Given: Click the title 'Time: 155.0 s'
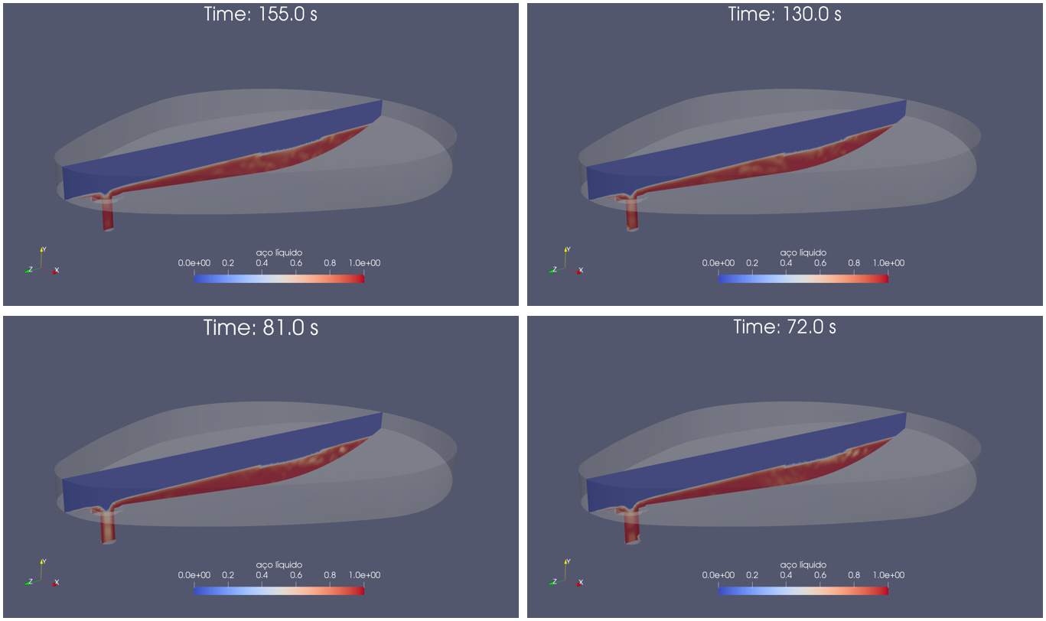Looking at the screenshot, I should point(260,14).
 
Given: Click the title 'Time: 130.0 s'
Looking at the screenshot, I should point(784,14).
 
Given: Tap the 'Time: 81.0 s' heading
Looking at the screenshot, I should point(260,328).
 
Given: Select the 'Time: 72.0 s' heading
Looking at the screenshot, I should point(784,327).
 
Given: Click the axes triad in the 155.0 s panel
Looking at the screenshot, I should point(41,262).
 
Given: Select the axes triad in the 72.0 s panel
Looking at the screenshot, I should point(565,575).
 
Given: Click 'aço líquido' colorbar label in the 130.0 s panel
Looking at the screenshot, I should point(803,252).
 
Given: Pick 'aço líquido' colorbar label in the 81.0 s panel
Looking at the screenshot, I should point(279,565).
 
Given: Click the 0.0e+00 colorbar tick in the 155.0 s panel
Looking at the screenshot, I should point(194,263).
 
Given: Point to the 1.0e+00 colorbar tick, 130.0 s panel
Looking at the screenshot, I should point(888,263).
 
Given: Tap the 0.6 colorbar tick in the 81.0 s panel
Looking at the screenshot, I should point(295,576).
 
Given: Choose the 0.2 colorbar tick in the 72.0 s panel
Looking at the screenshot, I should point(752,576).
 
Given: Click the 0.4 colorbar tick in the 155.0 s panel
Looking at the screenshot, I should point(262,263).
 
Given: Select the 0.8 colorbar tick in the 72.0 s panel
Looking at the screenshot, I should point(854,576).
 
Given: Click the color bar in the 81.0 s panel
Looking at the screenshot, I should point(279,591).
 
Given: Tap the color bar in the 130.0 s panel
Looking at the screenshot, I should point(803,279).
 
